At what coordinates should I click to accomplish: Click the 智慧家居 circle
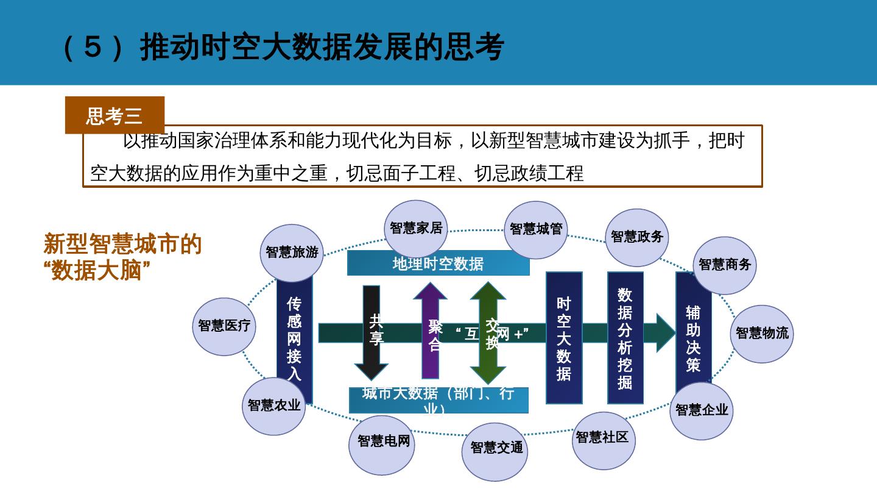click(x=416, y=228)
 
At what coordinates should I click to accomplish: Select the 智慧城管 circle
click(x=536, y=229)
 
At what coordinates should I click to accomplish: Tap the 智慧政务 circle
click(x=636, y=237)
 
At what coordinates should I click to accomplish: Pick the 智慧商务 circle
click(x=725, y=265)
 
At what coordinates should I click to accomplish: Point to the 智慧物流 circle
click(x=762, y=334)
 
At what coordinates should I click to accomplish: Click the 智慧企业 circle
click(x=702, y=410)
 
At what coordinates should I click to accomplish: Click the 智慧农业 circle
click(x=274, y=406)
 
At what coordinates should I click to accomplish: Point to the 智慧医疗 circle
click(x=224, y=326)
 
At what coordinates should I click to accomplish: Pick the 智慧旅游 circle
click(x=292, y=252)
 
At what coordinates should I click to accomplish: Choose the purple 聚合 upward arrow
click(x=431, y=332)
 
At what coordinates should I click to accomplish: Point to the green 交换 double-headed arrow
click(x=488, y=332)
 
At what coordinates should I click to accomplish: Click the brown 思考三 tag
click(x=114, y=115)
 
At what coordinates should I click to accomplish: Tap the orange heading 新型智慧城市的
click(x=122, y=245)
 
